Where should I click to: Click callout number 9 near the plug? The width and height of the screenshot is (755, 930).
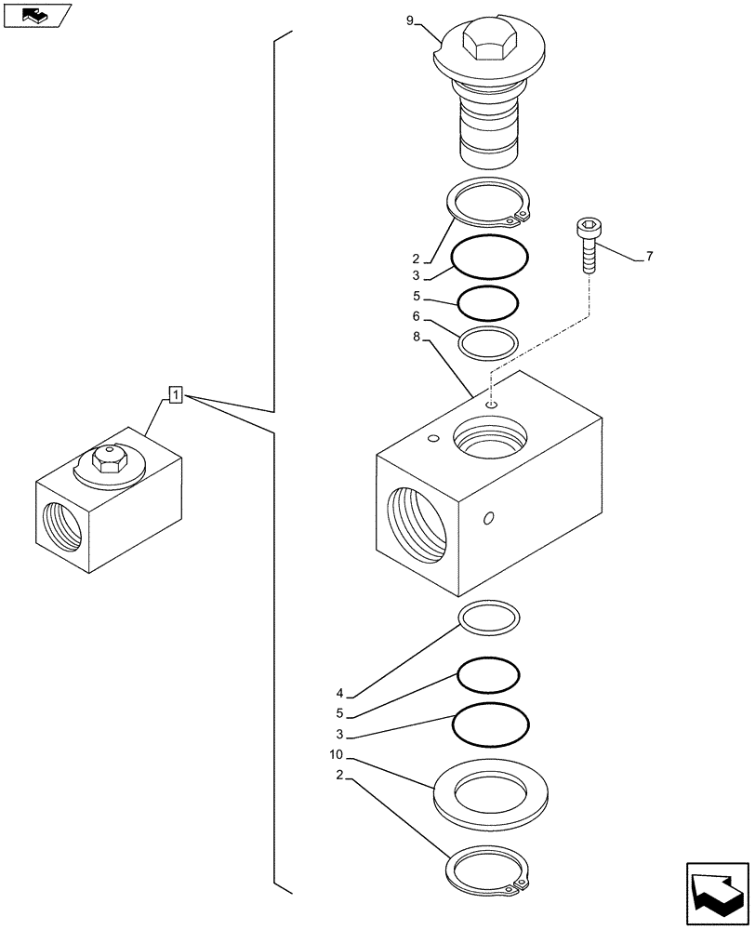[410, 20]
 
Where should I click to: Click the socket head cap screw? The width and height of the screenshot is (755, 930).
[587, 244]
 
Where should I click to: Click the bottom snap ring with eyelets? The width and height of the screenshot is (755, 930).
[489, 872]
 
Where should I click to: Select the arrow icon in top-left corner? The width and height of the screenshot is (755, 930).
[37, 15]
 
